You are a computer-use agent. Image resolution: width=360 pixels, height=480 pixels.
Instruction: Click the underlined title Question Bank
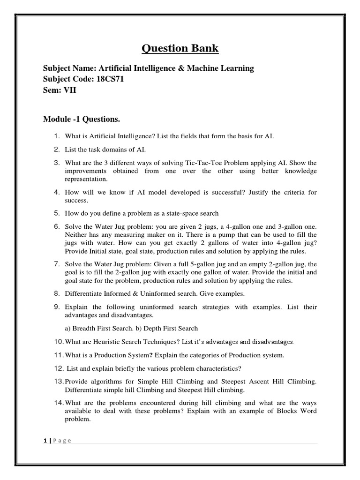pos(180,48)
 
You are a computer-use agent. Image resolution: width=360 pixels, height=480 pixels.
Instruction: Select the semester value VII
pos(69,90)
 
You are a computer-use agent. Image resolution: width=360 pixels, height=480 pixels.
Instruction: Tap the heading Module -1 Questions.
pos(86,120)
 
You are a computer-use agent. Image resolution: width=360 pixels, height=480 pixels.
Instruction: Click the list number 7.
pos(56,264)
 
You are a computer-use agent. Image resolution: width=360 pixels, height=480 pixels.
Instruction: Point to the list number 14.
pos(58,403)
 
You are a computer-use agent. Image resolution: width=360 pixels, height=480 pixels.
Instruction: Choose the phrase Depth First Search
pos(170,328)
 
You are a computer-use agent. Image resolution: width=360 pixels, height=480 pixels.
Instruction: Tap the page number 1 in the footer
pos(44,441)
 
